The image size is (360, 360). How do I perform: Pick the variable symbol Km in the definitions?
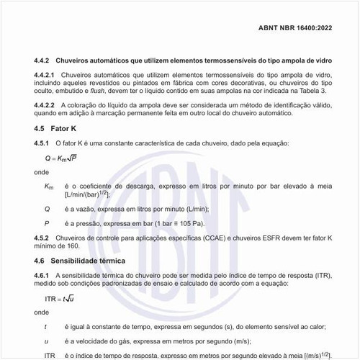coord(49,186)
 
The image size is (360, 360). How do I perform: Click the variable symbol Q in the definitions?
coord(47,209)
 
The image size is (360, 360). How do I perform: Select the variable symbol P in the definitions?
coord(47,223)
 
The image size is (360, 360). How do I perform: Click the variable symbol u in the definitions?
coord(47,341)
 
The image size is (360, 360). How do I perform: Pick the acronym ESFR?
coord(277,238)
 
